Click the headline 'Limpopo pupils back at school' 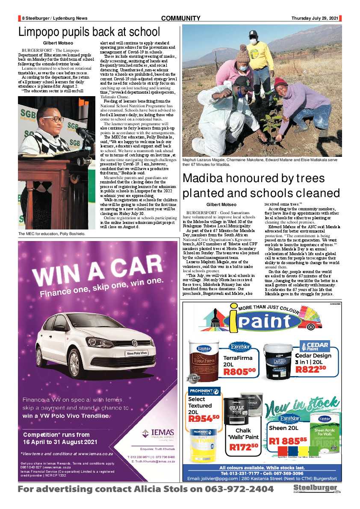coord(89,32)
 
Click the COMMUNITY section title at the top coord(180,18)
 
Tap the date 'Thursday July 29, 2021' coord(315,18)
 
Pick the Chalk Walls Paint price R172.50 coord(244,447)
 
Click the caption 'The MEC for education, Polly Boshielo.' coord(52,234)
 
